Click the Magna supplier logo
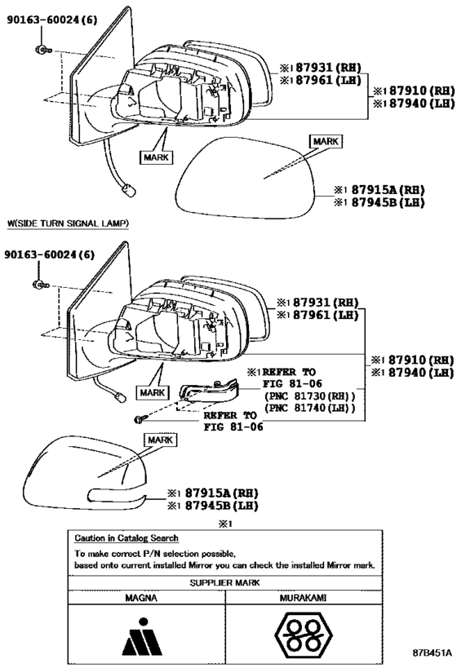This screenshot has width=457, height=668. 142,636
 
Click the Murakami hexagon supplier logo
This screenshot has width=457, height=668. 303,635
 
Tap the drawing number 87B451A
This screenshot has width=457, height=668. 432,653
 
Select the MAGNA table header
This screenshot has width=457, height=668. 141,598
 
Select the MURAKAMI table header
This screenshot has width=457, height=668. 303,598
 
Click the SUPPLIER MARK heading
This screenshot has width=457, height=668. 224,582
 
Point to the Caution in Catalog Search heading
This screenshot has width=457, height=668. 126,538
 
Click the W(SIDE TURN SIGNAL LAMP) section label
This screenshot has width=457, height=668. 69,223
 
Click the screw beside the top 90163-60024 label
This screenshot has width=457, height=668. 42,50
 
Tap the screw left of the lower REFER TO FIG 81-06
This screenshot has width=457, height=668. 140,419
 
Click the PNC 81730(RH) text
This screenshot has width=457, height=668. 309,396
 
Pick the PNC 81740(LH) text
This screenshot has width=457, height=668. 309,408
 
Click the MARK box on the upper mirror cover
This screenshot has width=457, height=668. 326,141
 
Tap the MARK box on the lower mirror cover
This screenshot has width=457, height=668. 160,440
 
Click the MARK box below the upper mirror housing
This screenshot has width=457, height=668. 156,157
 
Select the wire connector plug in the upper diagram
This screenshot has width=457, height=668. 129,190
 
